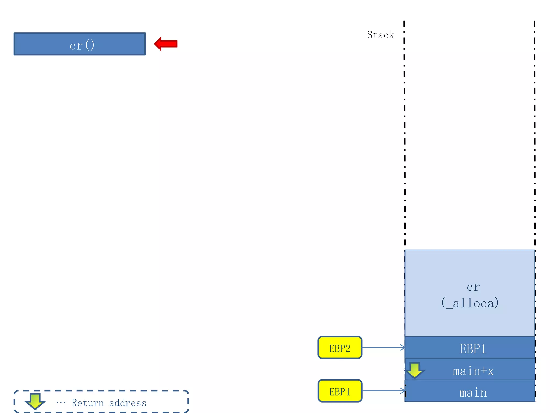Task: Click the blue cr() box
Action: tap(80, 44)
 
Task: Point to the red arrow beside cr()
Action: tap(166, 44)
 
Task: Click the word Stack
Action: tap(380, 35)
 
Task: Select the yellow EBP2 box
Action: tap(340, 347)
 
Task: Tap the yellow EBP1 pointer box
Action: tap(340, 391)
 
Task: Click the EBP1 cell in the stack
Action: tap(473, 348)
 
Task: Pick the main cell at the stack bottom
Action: tap(473, 393)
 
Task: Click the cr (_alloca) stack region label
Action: tap(470, 295)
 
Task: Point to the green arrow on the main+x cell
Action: tap(415, 370)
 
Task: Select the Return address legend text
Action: tap(109, 403)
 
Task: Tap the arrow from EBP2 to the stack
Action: tap(383, 347)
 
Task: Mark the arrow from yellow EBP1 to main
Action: tap(383, 391)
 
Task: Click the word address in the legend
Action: tap(128, 403)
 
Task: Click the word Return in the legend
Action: tap(88, 403)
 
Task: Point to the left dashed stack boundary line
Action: tap(404, 134)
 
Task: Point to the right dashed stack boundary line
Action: tap(535, 134)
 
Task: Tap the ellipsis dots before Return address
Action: tap(61, 403)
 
